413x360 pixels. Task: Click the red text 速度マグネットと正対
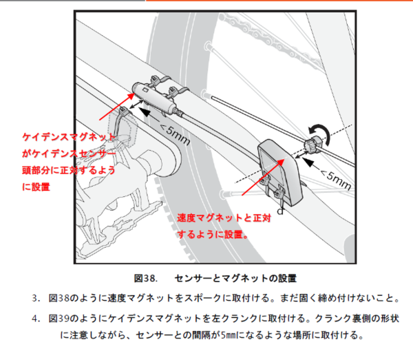[224, 218]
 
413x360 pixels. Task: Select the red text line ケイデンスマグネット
[69, 137]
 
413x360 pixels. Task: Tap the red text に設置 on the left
[36, 187]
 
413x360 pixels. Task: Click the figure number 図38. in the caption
[146, 278]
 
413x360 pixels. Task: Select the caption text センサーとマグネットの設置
[235, 278]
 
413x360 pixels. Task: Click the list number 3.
[36, 298]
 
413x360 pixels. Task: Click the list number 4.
[36, 319]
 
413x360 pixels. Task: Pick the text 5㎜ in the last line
[228, 335]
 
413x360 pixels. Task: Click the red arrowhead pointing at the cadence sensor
[131, 96]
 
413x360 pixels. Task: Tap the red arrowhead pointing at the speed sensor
[281, 162]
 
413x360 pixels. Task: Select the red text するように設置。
[213, 234]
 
